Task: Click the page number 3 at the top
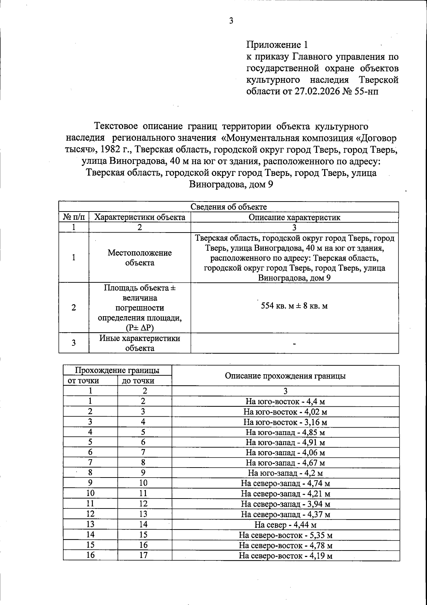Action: pos(231,21)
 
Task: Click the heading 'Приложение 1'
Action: pos(276,45)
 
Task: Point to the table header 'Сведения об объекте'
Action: pos(228,207)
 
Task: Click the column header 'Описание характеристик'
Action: pos(294,217)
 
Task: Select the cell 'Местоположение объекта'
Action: pos(139,258)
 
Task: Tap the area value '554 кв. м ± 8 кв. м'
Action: pos(294,306)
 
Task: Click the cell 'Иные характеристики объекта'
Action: pos(139,343)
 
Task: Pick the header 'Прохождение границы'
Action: pos(117,370)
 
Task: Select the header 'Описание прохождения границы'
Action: pos(285,376)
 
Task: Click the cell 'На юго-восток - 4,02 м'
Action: pos(285,412)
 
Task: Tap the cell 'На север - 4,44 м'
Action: pos(285,525)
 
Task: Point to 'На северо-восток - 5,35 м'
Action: pos(285,535)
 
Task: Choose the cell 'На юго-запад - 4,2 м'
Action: pos(285,474)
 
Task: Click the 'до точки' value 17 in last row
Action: pos(143,555)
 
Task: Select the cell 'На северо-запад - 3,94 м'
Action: pos(285,504)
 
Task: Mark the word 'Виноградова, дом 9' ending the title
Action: pos(231,184)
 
